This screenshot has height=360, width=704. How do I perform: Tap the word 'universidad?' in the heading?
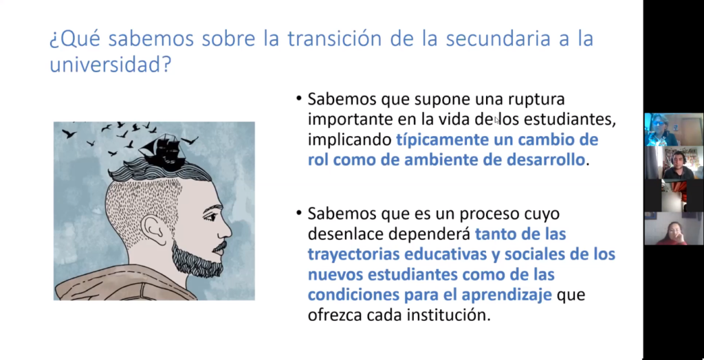pyautogui.click(x=111, y=65)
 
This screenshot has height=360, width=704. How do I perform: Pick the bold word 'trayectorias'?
pyautogui.click(x=353, y=254)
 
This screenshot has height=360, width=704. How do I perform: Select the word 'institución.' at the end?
pyautogui.click(x=448, y=315)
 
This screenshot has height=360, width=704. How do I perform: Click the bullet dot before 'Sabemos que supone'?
pyautogui.click(x=299, y=99)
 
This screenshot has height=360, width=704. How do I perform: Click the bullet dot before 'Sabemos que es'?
pyautogui.click(x=299, y=213)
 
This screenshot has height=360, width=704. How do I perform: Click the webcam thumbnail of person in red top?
pyautogui.click(x=674, y=229)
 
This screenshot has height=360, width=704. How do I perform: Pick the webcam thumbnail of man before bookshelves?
pyautogui.click(x=674, y=163)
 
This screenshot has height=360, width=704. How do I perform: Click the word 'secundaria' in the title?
pyautogui.click(x=498, y=38)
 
